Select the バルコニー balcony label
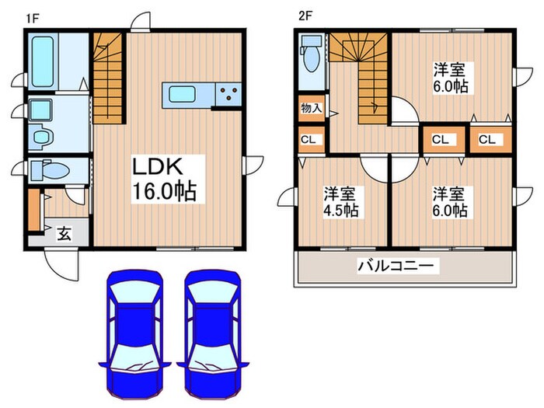(x=398, y=267)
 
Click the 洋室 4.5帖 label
(x=341, y=201)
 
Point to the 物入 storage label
(x=310, y=109)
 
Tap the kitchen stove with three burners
(x=229, y=94)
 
